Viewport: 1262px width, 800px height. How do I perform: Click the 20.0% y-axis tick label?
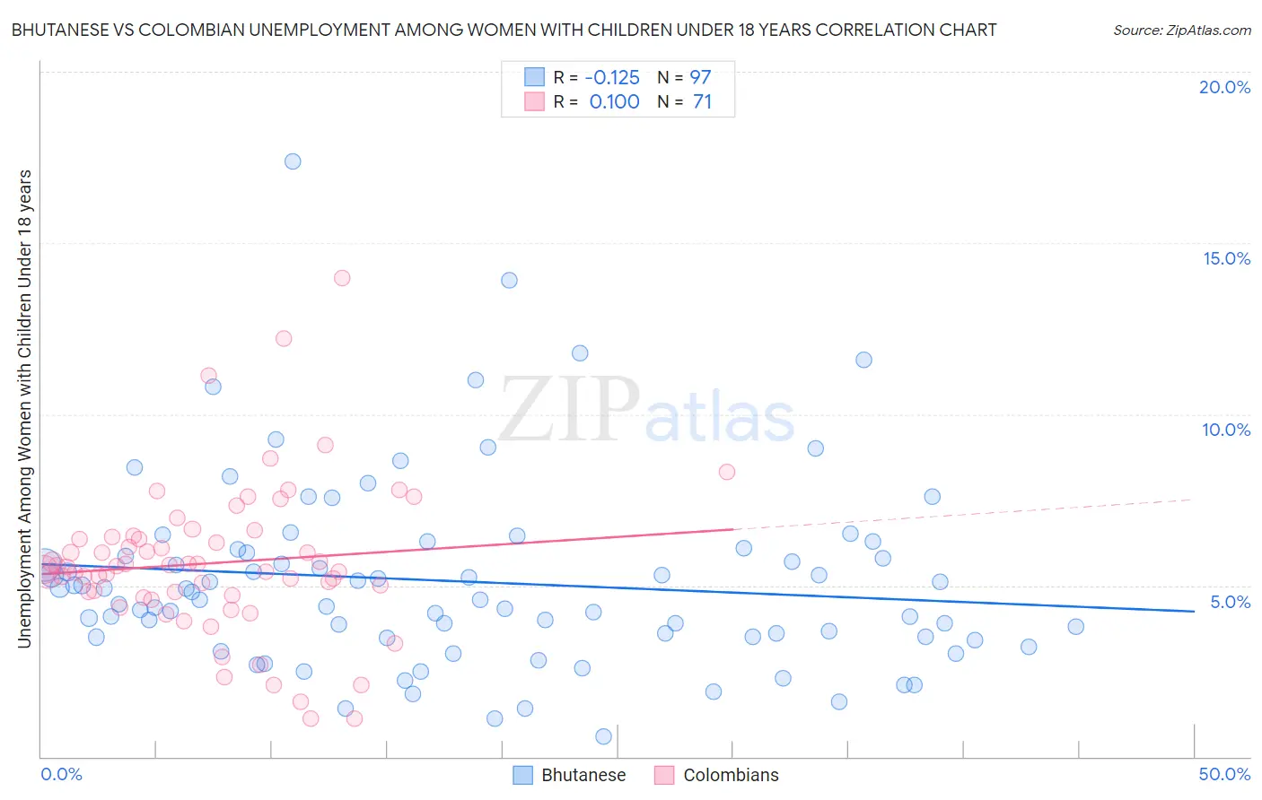1224,87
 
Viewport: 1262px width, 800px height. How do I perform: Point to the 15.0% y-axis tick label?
1226,258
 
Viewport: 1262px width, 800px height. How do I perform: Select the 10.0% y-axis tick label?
1226,430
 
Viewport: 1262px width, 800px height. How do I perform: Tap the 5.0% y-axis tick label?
1230,602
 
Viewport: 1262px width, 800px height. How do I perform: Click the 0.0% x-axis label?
61,774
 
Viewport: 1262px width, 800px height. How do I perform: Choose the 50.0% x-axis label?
1224,774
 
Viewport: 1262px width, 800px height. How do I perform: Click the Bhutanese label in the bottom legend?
583,775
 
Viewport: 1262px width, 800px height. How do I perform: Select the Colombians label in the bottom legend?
731,775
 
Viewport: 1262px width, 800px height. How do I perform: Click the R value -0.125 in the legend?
612,77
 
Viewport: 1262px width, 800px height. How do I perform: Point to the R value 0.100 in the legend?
614,102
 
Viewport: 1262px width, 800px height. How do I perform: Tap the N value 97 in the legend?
700,77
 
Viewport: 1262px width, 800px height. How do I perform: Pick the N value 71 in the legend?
702,102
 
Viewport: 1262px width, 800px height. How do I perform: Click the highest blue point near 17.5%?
293,161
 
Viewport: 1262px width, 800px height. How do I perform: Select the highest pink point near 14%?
342,278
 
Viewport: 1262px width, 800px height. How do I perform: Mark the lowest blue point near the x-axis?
603,736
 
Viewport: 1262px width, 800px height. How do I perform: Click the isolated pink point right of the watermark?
727,472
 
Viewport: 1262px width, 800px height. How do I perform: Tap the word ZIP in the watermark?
569,410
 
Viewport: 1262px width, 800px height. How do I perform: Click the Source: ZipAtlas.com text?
1181,30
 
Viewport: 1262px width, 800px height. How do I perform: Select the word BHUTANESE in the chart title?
61,30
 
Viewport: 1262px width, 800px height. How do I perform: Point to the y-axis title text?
24,408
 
